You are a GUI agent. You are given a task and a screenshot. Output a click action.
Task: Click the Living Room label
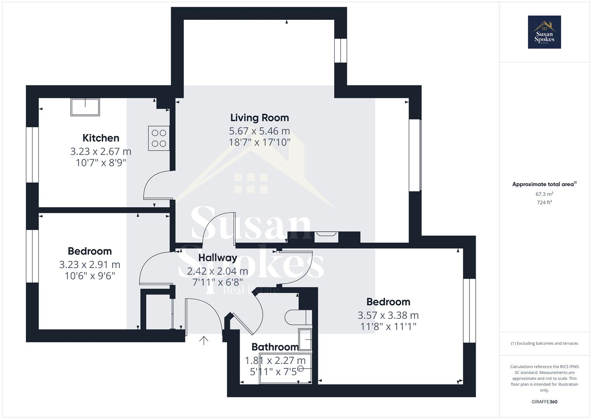[259, 118]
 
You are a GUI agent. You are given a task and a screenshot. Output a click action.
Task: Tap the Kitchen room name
[101, 138]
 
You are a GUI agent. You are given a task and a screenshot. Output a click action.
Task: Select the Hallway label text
[217, 258]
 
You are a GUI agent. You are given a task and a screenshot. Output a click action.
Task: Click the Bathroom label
[275, 346]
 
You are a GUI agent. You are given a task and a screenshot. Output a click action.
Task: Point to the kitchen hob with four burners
[159, 138]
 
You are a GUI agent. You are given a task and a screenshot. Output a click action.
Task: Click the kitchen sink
[85, 107]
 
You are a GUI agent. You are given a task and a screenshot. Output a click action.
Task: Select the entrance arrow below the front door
[204, 340]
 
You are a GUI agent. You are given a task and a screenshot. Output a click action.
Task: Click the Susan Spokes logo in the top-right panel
[544, 32]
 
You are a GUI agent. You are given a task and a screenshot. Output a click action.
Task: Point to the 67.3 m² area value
[544, 194]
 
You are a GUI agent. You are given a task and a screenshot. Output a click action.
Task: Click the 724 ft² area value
[544, 202]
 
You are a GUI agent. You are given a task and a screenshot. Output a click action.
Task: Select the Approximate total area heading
[544, 184]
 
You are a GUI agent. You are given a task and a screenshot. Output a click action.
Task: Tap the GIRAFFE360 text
[544, 402]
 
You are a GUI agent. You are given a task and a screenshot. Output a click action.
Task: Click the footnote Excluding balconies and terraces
[544, 343]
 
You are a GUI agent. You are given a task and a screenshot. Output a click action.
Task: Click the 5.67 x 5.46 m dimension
[259, 131]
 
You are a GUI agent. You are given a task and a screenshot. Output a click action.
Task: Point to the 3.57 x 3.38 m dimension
[388, 315]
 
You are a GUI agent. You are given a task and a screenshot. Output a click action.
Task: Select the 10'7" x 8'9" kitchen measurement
[101, 162]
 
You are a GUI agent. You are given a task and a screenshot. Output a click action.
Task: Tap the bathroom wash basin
[305, 340]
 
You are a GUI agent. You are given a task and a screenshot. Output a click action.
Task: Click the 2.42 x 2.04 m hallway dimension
[217, 271]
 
